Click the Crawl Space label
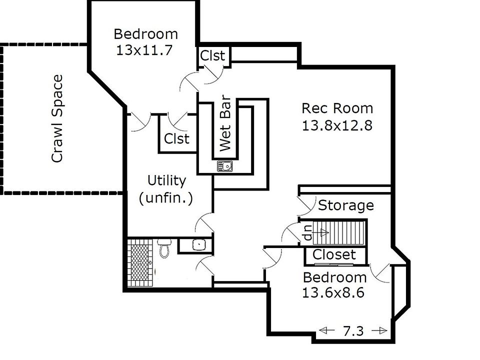tap(58, 118)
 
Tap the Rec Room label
tap(337, 108)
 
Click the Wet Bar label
tap(226, 123)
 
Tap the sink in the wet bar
tap(224, 165)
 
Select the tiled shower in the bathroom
tap(140, 262)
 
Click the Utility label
tap(166, 180)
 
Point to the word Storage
tap(346, 205)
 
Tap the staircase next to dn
tap(345, 232)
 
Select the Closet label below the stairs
tap(334, 255)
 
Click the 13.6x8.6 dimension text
tap(333, 292)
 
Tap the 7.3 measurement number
tap(353, 330)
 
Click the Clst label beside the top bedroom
tap(212, 55)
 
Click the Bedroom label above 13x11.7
tap(145, 34)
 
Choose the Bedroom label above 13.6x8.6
tap(334, 277)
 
